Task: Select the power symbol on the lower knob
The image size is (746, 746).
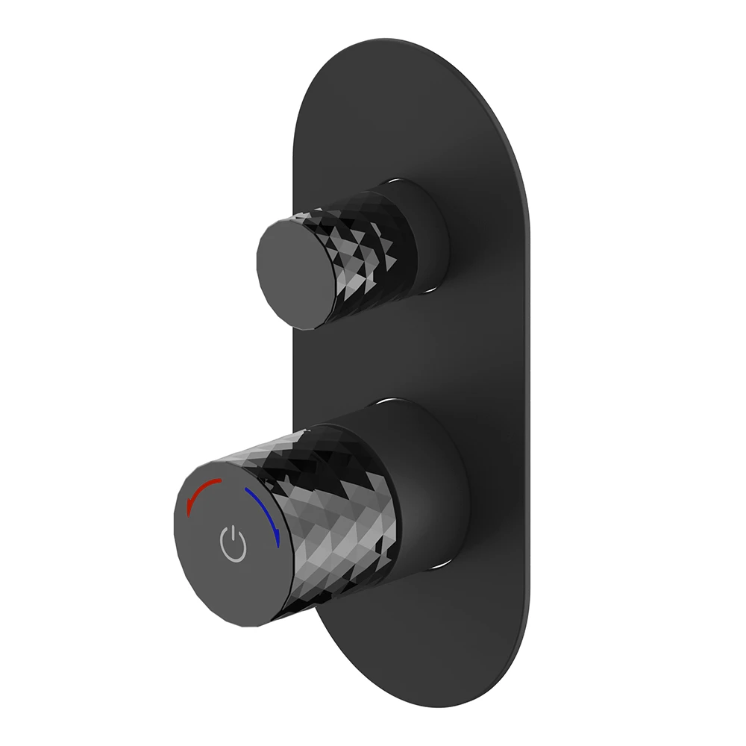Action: click(233, 545)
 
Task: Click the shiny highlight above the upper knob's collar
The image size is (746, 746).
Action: click(407, 181)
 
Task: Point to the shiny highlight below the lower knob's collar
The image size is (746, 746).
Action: click(440, 565)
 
